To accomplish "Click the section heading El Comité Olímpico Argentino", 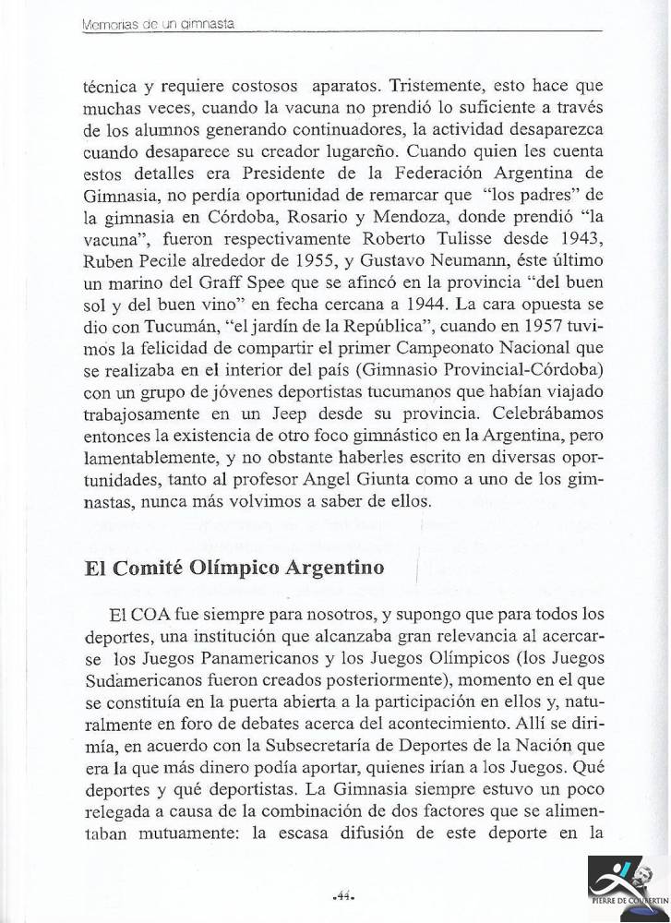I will [x=220, y=568].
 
